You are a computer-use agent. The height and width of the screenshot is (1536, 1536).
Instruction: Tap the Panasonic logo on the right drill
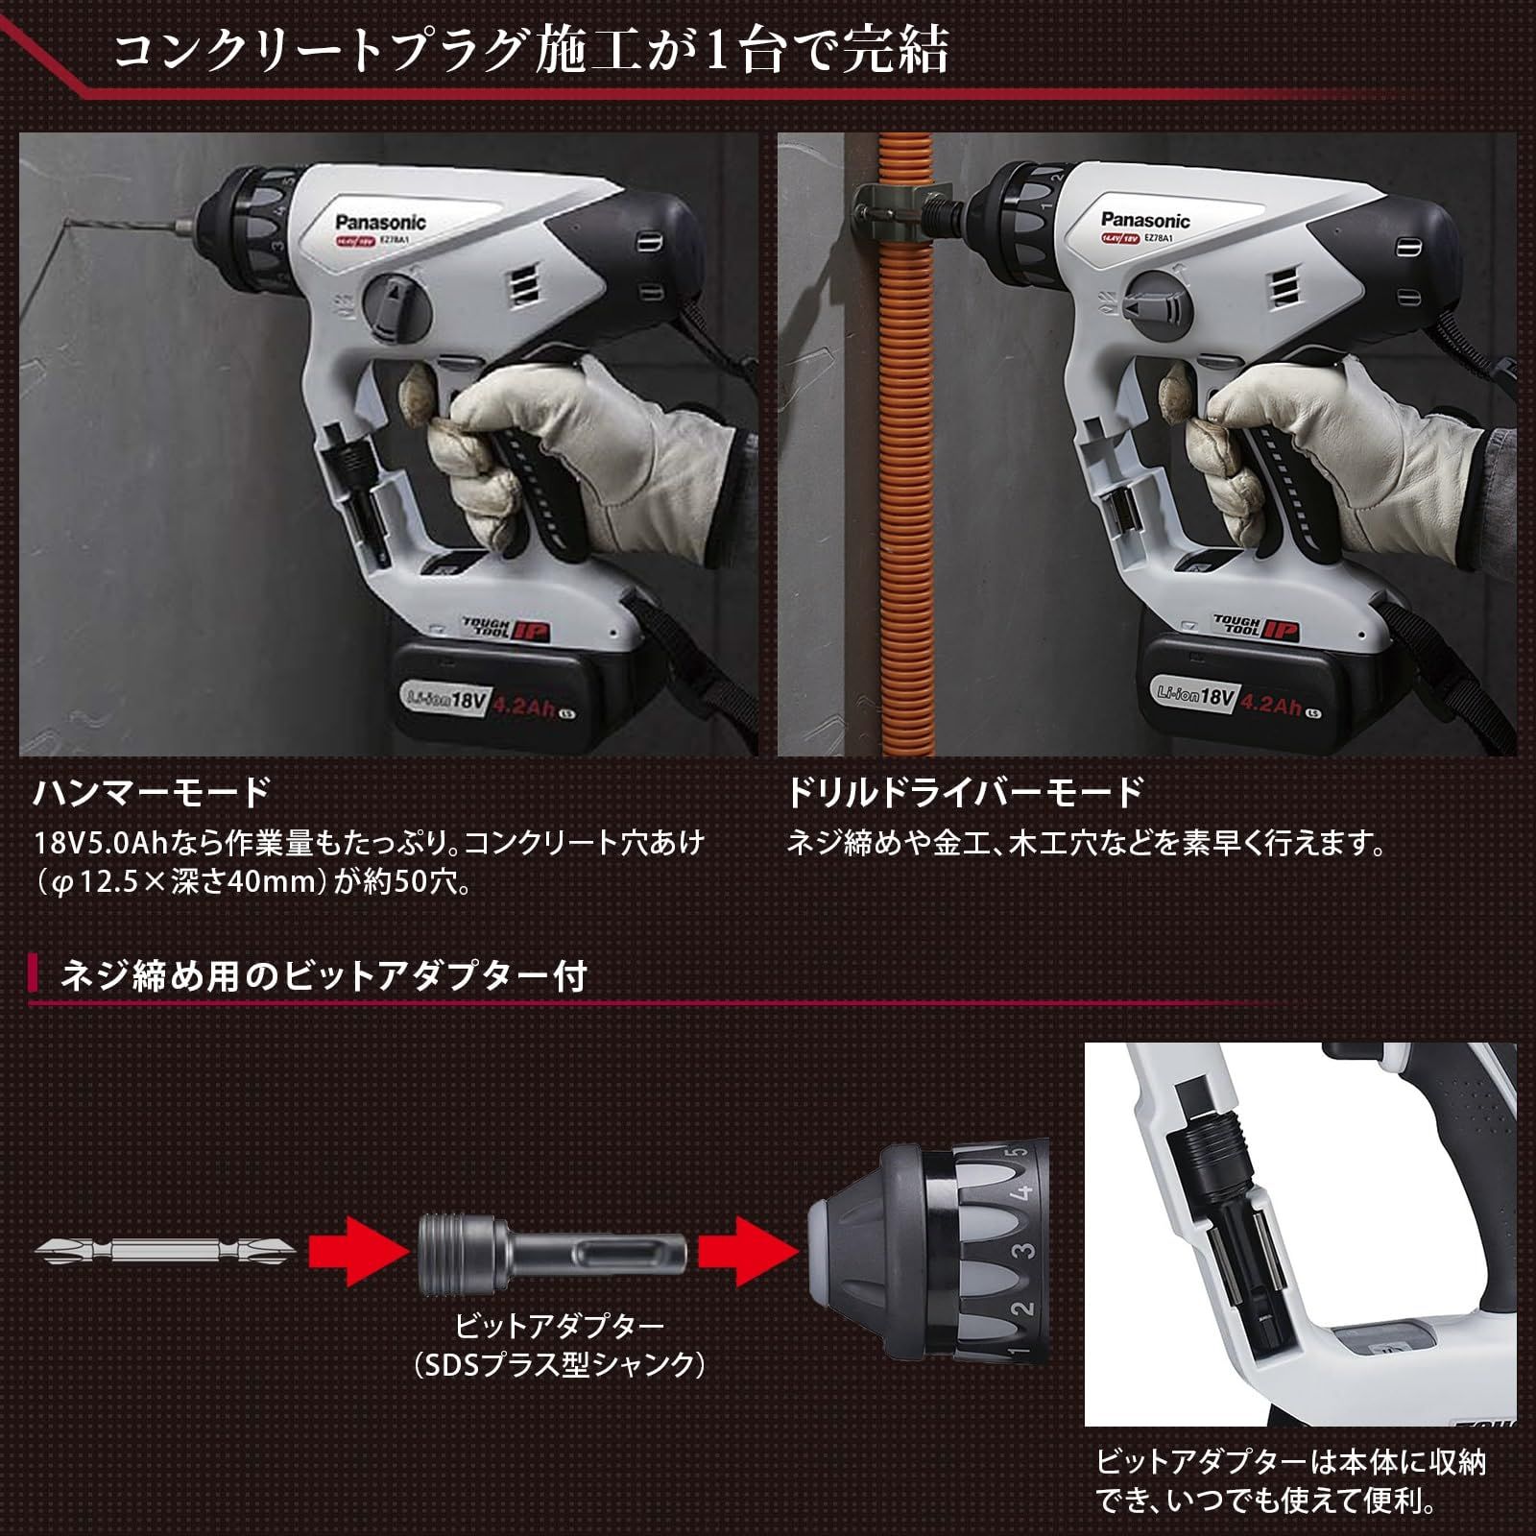pyautogui.click(x=1145, y=222)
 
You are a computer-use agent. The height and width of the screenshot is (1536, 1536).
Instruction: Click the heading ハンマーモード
pyautogui.click(x=153, y=793)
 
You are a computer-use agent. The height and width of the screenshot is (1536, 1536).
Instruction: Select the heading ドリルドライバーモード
pyautogui.click(x=966, y=793)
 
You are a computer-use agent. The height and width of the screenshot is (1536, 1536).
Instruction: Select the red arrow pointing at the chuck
pyautogui.click(x=747, y=1250)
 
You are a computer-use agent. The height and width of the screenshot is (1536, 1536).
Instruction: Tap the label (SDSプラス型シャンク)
pyautogui.click(x=560, y=1365)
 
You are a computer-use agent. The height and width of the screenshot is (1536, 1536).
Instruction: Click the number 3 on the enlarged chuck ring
pyautogui.click(x=1025, y=1251)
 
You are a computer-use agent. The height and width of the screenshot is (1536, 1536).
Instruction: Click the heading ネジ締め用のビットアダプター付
pyautogui.click(x=324, y=975)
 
